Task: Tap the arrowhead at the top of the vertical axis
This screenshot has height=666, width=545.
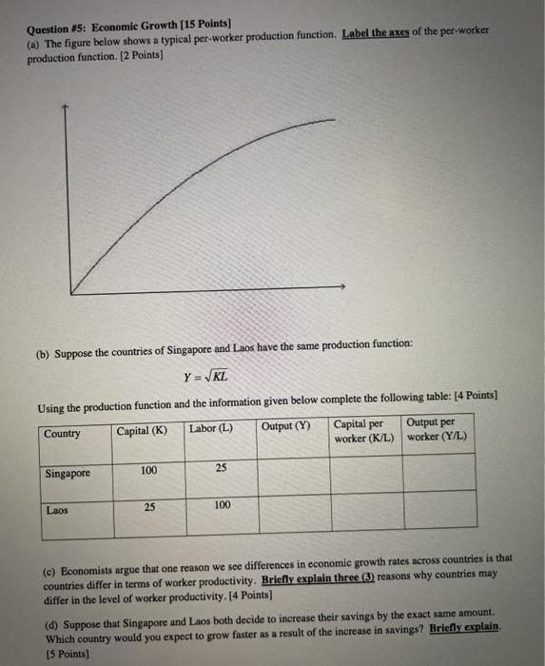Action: click(65, 108)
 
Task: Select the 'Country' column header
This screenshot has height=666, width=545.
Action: click(62, 434)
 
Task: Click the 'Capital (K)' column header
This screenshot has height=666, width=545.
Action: click(142, 429)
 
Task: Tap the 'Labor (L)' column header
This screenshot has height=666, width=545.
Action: click(211, 429)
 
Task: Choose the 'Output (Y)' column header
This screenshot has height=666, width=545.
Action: click(285, 425)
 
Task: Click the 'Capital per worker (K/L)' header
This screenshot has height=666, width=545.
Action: click(363, 431)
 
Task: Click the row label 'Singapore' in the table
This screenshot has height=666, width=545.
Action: click(67, 474)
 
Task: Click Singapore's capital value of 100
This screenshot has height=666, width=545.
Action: click(148, 470)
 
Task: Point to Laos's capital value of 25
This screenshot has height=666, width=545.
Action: click(149, 507)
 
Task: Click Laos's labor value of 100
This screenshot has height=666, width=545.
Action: click(222, 506)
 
